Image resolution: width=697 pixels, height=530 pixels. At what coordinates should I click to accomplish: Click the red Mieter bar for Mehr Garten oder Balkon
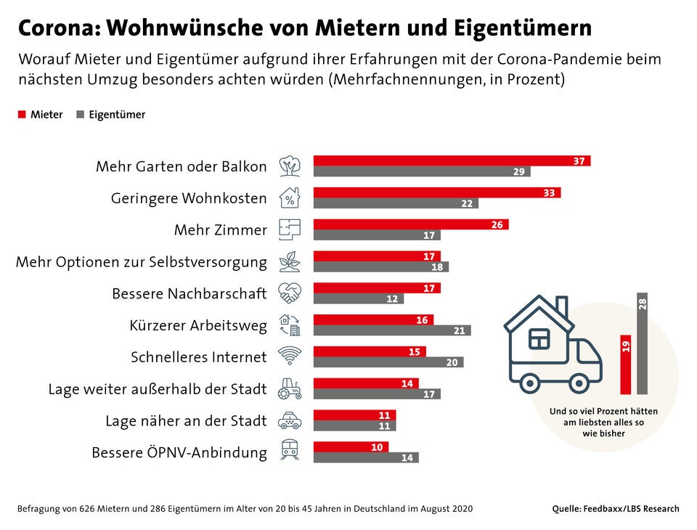coord(451,160)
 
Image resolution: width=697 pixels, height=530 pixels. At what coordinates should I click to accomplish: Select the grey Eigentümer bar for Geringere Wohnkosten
coord(396,203)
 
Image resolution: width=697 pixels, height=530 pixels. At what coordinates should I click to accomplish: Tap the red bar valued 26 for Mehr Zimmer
coord(410,224)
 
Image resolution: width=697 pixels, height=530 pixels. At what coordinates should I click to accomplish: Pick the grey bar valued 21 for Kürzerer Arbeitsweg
coord(391,330)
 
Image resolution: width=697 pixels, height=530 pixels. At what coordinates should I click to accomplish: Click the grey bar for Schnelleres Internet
coord(388,362)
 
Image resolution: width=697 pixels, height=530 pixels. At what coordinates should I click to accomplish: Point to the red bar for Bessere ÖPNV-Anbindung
coord(351,447)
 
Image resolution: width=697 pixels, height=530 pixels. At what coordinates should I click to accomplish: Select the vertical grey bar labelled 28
coord(642,343)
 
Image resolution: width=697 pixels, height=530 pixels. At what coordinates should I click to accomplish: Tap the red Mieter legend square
coord(22,115)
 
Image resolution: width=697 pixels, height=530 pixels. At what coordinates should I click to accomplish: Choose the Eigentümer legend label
coord(116,115)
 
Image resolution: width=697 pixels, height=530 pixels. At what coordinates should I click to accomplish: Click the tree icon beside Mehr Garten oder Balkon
coord(290,166)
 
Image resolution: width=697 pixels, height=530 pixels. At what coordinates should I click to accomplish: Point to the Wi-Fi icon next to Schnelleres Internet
coord(290,356)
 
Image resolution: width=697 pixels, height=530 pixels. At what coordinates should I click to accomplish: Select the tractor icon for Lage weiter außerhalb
coord(290,388)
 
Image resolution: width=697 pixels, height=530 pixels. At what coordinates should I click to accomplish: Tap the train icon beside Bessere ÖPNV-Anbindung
coord(290,452)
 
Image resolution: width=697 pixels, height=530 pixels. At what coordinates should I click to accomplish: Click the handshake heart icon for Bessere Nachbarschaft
coord(290,293)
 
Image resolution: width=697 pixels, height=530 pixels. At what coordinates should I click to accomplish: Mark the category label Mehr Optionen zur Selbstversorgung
coord(142,261)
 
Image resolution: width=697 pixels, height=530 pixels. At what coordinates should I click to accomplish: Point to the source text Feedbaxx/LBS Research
coord(632,509)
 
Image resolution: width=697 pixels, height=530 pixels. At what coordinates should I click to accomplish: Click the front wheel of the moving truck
coord(579,383)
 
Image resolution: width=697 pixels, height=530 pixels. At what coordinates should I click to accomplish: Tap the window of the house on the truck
coord(539,338)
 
